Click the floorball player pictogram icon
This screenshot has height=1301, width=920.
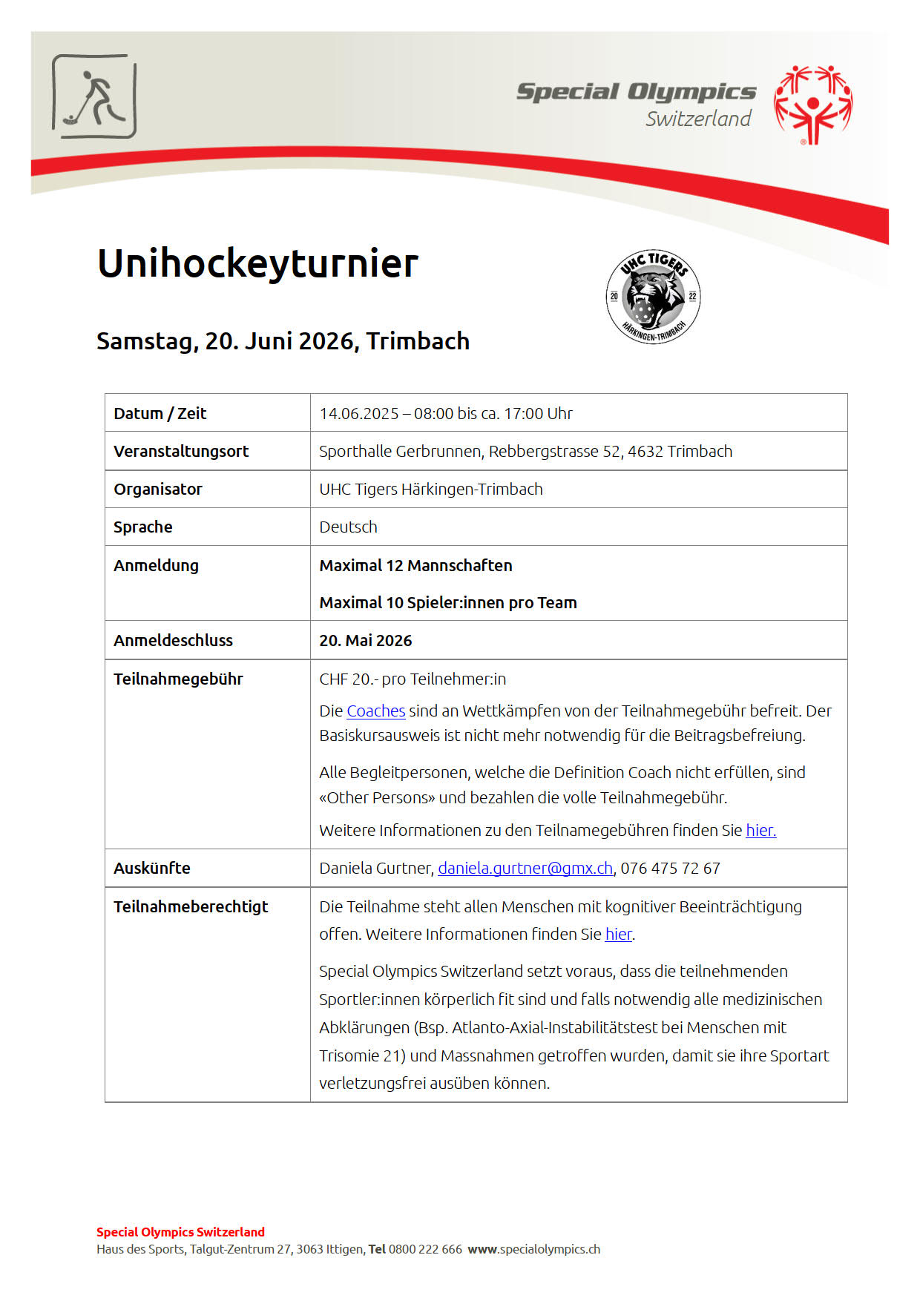click(94, 96)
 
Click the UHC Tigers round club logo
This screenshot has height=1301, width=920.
click(653, 297)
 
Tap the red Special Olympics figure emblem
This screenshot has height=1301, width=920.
click(813, 105)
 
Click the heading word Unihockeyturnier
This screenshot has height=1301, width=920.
click(257, 263)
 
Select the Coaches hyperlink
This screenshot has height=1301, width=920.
click(375, 711)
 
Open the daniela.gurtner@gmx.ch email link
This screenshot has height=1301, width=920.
click(525, 868)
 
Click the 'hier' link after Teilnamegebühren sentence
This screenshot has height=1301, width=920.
click(760, 830)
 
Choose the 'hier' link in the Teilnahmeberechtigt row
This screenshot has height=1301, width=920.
click(618, 934)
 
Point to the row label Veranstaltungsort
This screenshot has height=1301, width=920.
click(181, 451)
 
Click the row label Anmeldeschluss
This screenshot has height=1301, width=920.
click(173, 640)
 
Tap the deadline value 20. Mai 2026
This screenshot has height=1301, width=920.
click(366, 640)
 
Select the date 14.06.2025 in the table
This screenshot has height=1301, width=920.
click(359, 413)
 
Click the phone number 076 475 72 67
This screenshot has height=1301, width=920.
click(670, 868)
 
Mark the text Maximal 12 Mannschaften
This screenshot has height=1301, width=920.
click(415, 565)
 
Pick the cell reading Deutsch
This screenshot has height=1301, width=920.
click(348, 527)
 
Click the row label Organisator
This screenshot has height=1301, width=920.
click(158, 489)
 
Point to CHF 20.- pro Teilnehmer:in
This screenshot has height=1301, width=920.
click(413, 679)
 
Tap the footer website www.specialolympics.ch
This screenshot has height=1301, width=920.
click(534, 1249)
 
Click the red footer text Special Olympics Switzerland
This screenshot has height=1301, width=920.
click(180, 1232)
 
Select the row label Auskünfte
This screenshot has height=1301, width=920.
click(152, 868)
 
